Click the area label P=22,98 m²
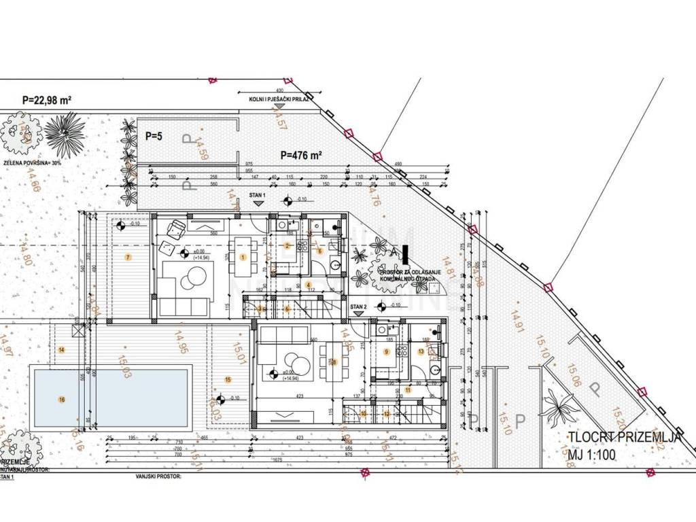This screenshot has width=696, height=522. tap(47, 100)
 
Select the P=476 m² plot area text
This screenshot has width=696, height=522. tap(301, 155)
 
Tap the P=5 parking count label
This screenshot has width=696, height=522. tap(154, 135)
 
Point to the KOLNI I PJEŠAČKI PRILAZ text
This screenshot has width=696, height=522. tap(279, 99)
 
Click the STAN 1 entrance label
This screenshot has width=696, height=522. tap(257, 195)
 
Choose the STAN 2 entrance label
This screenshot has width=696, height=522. tap(358, 307)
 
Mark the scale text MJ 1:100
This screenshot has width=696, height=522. tap(588, 453)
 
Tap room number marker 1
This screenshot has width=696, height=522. tap(243, 257)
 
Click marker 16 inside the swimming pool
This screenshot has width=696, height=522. tap(62, 399)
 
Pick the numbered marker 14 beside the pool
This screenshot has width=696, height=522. tap(62, 349)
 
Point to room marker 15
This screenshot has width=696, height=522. tap(228, 379)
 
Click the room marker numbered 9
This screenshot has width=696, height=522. tap(386, 351)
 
